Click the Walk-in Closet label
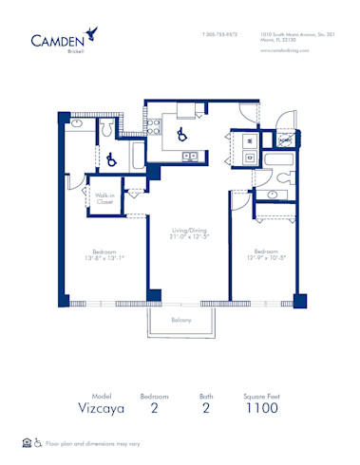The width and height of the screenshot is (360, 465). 104,198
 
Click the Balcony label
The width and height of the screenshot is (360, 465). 182,320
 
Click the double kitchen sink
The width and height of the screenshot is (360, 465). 190,156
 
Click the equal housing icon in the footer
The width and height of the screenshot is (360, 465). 27,442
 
